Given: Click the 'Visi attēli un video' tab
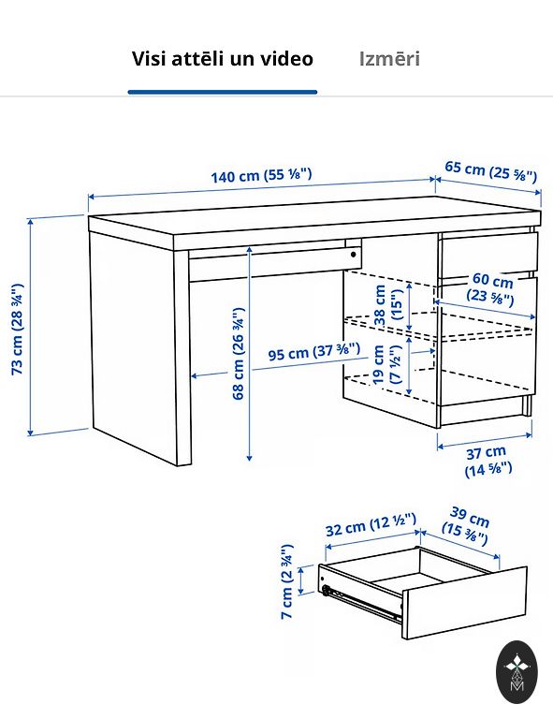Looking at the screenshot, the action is coord(223,59).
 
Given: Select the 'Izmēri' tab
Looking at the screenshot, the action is coord(389,59).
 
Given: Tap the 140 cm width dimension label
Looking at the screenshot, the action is coord(261,175).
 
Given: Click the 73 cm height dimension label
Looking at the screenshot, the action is coord(18,330).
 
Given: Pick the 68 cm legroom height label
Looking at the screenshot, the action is coord(239,353).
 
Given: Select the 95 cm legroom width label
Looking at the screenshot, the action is coord(313,352).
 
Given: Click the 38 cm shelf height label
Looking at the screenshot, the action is coord(388,305).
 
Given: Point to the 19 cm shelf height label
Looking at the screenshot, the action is coord(387,364).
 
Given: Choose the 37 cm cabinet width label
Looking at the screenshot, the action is coord(488,462).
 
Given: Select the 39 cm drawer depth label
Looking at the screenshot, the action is coord(465,526).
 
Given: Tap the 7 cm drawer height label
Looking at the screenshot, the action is coord(287,581).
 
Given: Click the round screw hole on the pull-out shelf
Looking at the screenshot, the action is coord(354,255).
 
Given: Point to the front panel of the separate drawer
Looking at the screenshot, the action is coord(464,603).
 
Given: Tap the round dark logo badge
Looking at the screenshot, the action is coord(517,672).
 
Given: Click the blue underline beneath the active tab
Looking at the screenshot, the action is coord(223,92).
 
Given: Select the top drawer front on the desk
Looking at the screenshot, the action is coord(488,255).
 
